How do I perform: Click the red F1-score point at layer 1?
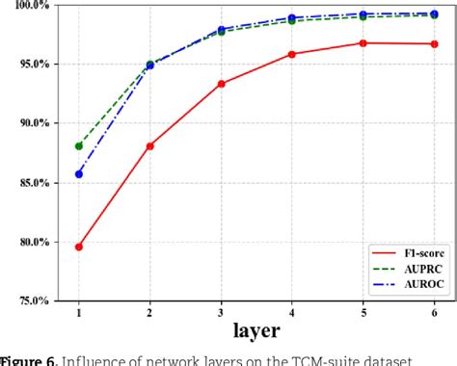coord(79,247)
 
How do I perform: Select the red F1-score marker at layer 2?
coord(150,146)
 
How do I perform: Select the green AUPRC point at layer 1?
coord(79,145)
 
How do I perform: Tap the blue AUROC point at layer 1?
coord(79,174)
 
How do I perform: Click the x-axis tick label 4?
coord(292,314)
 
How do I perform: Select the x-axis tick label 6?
coord(434,314)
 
